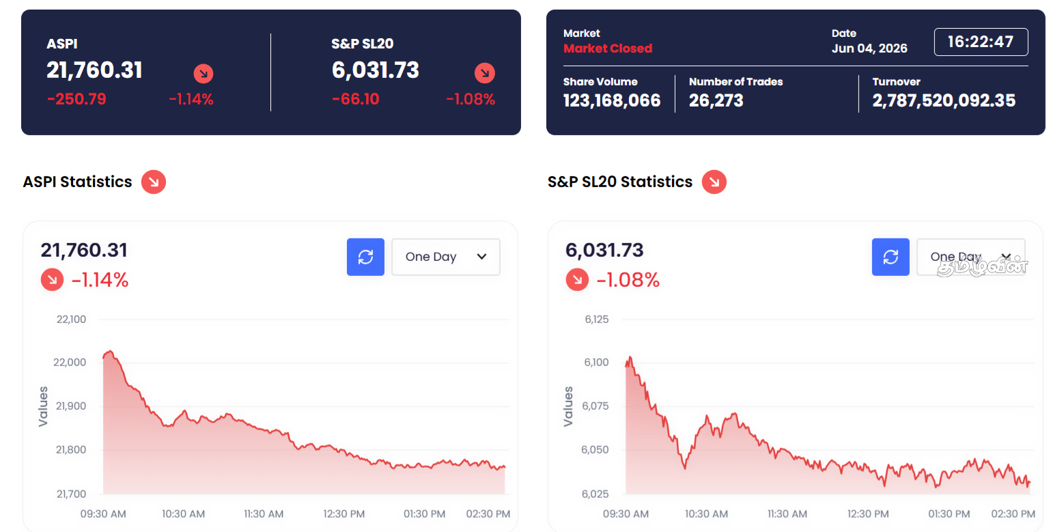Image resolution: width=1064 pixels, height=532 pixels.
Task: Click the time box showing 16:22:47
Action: coord(981,42)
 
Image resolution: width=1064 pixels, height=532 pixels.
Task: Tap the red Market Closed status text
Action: coord(608,48)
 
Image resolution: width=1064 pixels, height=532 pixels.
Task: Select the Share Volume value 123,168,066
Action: coord(612,100)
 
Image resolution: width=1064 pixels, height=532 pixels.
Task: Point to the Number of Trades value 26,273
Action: coord(716,100)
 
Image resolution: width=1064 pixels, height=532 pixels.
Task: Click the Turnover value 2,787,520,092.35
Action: coord(944,100)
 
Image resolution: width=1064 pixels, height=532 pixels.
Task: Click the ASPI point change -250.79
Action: coord(76,99)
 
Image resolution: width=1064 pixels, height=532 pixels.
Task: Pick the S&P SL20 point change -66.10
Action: coord(355,99)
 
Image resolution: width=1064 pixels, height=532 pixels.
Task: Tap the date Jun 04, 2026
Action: coord(869,48)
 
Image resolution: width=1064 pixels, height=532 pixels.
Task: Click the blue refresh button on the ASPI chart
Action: coord(365,257)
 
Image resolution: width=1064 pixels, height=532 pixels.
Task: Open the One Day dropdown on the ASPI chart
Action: coord(445,257)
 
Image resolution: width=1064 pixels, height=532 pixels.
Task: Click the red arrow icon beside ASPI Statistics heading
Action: coord(154,182)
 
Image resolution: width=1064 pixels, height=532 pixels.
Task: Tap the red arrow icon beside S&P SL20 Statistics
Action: coord(714,182)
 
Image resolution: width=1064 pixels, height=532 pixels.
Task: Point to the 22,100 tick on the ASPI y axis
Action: coord(71,320)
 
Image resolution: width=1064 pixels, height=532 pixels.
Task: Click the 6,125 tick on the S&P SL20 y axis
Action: coord(597,320)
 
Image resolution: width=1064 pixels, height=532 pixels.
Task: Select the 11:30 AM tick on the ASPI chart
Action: coord(264,514)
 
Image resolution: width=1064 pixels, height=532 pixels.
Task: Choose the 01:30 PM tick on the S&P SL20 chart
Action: coord(949,514)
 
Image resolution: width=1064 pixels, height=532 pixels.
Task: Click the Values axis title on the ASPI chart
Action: coord(43,406)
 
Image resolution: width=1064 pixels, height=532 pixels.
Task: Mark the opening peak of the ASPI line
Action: coord(110,352)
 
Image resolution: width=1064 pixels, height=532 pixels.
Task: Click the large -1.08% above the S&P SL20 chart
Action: coord(628,280)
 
